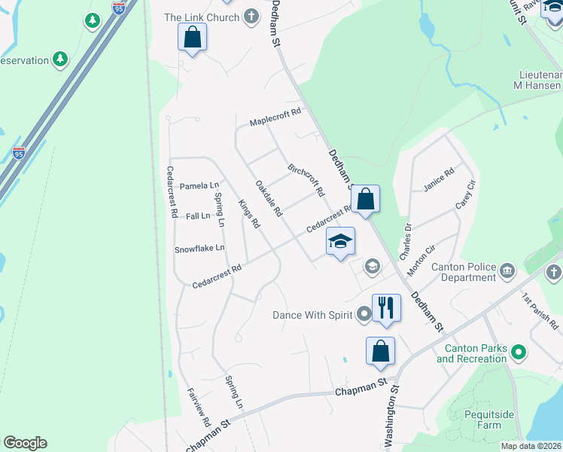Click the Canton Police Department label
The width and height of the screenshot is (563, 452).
463,272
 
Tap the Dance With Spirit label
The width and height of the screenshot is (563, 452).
313,314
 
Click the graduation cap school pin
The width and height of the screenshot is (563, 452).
339,241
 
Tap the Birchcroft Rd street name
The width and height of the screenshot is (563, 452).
306,178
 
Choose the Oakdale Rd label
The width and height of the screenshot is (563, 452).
268,198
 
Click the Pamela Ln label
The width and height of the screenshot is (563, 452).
199,185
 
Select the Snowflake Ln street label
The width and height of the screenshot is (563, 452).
199,248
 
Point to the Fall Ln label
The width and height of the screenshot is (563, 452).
198,216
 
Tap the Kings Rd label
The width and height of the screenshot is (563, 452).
248,213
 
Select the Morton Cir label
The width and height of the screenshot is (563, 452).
421,260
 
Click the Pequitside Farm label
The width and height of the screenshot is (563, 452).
482,420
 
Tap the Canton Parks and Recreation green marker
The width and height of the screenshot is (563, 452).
518,351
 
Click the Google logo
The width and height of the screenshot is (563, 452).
25,443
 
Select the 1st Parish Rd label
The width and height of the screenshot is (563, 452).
540,311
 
